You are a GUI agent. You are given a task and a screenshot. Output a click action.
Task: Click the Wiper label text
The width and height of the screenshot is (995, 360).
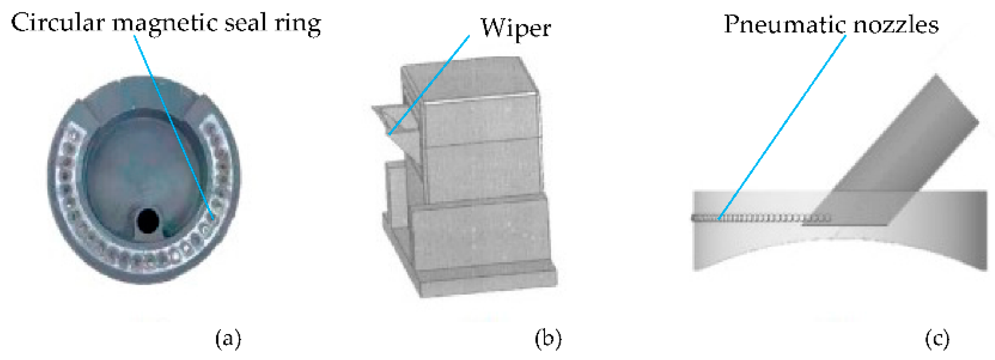[x=516, y=29]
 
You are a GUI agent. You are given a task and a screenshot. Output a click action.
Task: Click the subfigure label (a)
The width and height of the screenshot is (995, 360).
[x=228, y=338]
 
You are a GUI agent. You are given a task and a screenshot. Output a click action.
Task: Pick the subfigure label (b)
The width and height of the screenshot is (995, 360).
[x=548, y=338]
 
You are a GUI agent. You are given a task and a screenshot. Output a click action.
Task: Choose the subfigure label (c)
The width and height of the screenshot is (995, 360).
[x=937, y=338]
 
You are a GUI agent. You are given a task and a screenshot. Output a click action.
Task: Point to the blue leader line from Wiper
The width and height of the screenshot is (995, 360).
[x=429, y=85]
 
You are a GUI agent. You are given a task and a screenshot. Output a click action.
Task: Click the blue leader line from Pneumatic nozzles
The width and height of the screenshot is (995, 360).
[x=782, y=127]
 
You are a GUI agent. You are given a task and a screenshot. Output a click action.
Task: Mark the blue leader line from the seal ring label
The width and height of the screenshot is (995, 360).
[x=174, y=127]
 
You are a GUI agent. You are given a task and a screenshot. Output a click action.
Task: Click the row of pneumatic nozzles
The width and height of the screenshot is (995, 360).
[x=757, y=219]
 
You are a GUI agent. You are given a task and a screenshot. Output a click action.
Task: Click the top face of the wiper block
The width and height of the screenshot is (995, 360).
[x=467, y=77]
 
